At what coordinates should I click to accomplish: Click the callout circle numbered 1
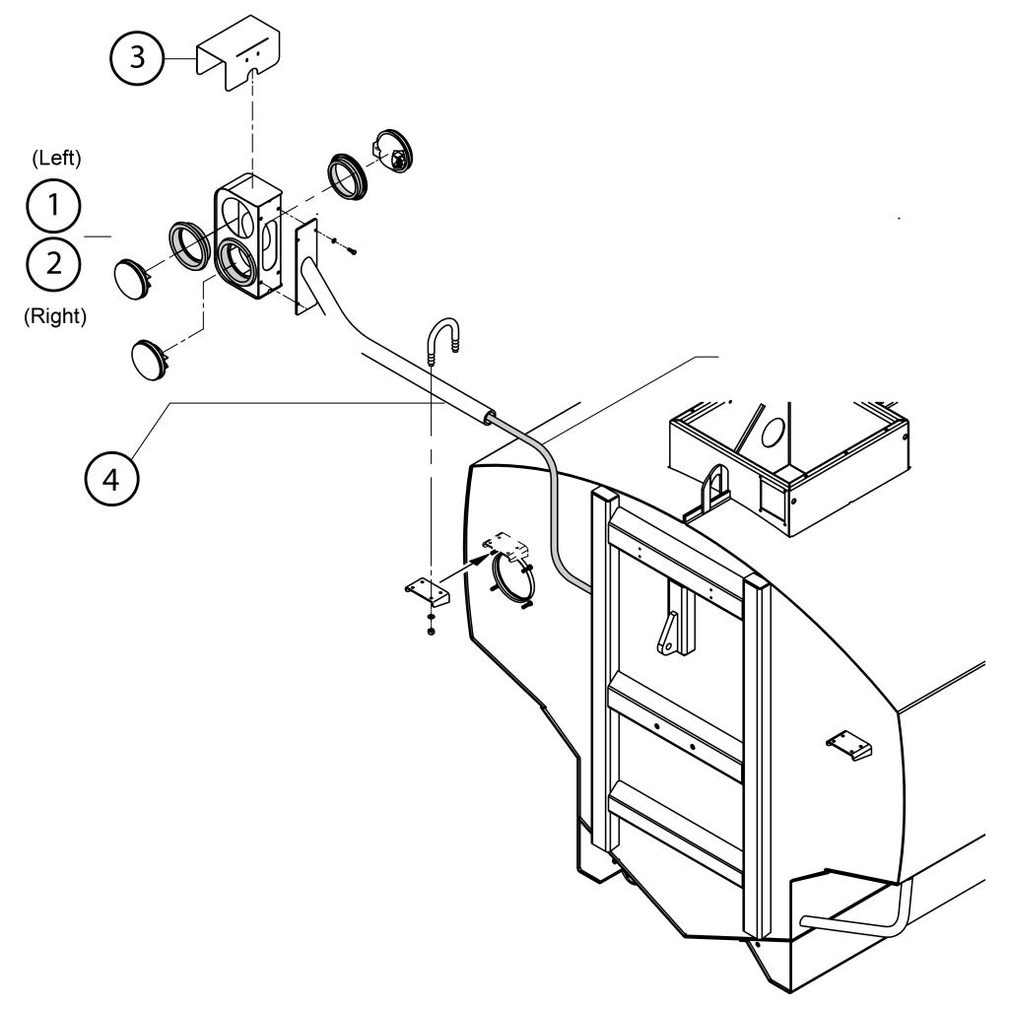(x=53, y=205)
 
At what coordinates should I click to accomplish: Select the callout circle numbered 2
(x=53, y=264)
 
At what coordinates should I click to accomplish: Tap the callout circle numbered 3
(x=137, y=57)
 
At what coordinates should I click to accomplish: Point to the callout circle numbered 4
(x=111, y=480)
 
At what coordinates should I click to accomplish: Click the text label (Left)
(x=56, y=159)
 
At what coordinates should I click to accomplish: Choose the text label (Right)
(x=55, y=316)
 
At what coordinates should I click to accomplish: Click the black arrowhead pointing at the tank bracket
(x=479, y=558)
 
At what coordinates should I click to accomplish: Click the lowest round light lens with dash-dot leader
(x=150, y=361)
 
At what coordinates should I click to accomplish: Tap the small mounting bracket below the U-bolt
(x=428, y=591)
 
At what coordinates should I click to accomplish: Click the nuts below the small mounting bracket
(x=431, y=624)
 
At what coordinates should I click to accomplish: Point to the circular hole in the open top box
(x=773, y=432)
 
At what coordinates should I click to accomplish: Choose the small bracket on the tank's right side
(x=848, y=747)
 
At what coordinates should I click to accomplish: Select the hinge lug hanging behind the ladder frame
(x=669, y=634)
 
